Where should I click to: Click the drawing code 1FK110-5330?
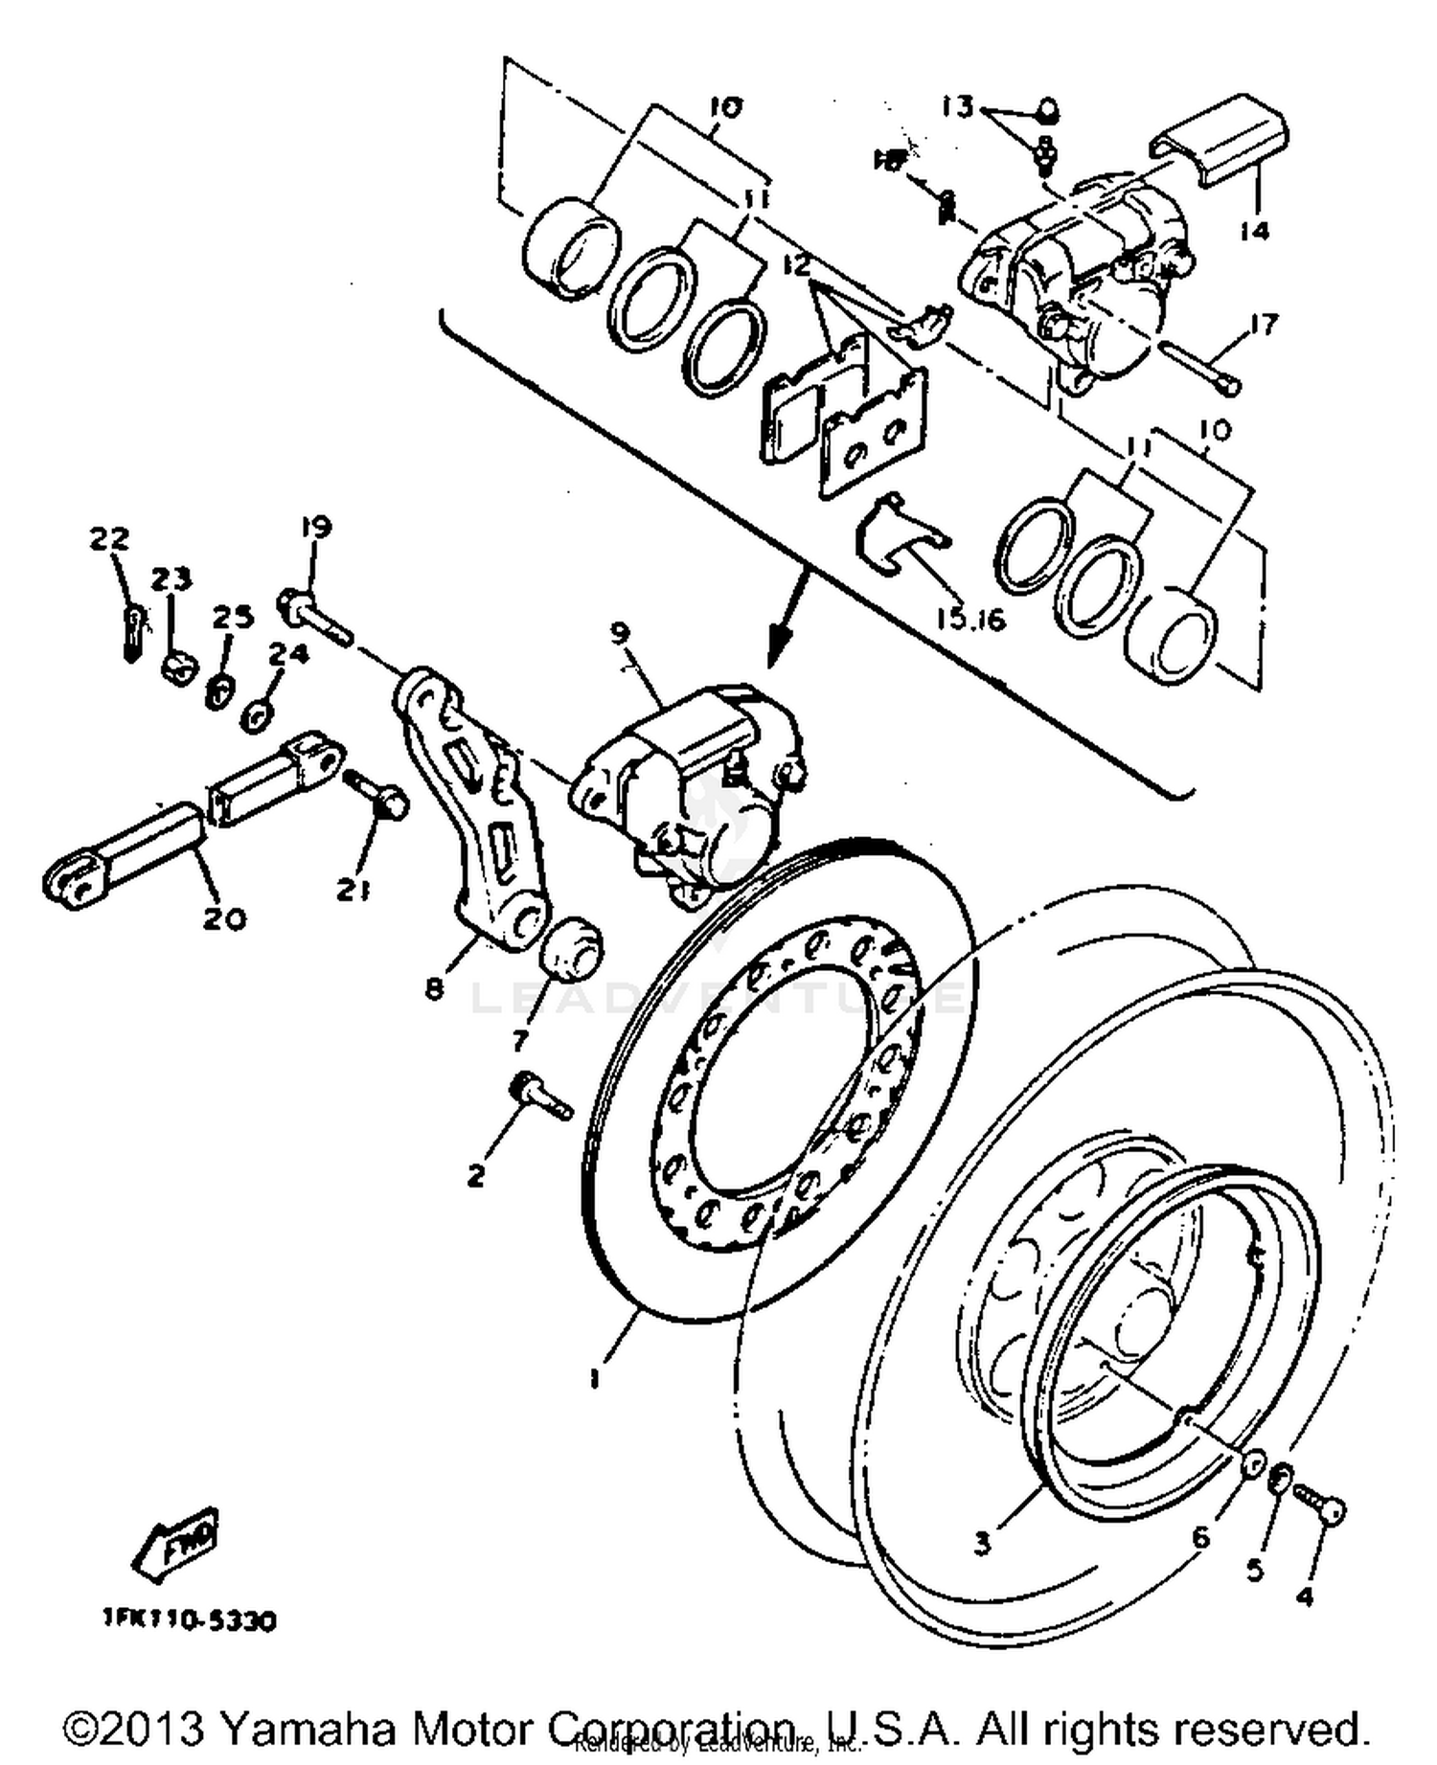tap(190, 1619)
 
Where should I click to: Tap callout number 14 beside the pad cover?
tap(1253, 230)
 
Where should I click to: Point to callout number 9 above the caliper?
tap(620, 632)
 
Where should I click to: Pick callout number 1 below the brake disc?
tap(595, 1378)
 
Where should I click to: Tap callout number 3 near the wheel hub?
tap(982, 1544)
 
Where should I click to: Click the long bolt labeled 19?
tap(316, 614)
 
